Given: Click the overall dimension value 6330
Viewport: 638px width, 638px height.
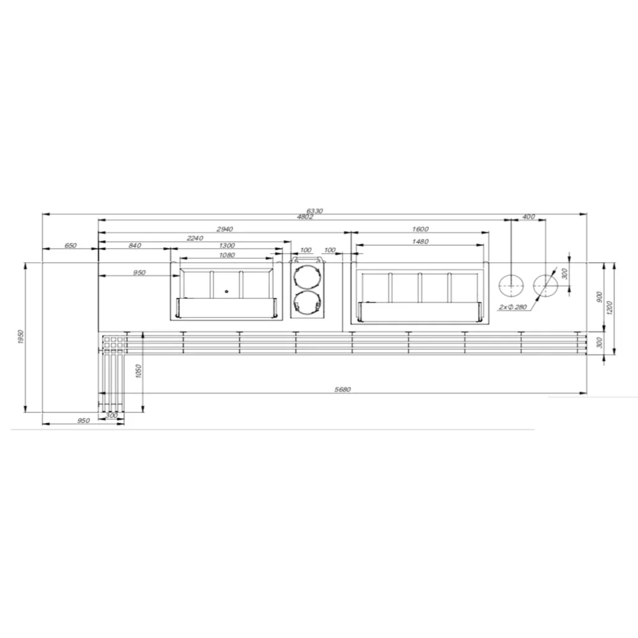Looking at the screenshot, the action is (314, 211).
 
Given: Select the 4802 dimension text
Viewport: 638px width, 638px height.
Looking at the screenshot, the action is (305, 217).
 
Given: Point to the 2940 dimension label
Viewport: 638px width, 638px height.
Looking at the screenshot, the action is (225, 229).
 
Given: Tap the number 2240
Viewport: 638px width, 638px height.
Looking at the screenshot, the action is (195, 238).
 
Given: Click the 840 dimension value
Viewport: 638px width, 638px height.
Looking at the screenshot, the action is (135, 246).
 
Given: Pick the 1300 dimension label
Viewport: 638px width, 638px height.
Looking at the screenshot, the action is (226, 246).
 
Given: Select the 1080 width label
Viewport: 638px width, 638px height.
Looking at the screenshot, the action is (226, 255).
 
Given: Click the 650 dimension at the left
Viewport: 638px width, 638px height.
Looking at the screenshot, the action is (70, 246).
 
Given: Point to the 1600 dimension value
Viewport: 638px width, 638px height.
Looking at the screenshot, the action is (420, 229).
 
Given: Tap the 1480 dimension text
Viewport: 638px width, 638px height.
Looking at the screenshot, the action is (420, 241).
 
